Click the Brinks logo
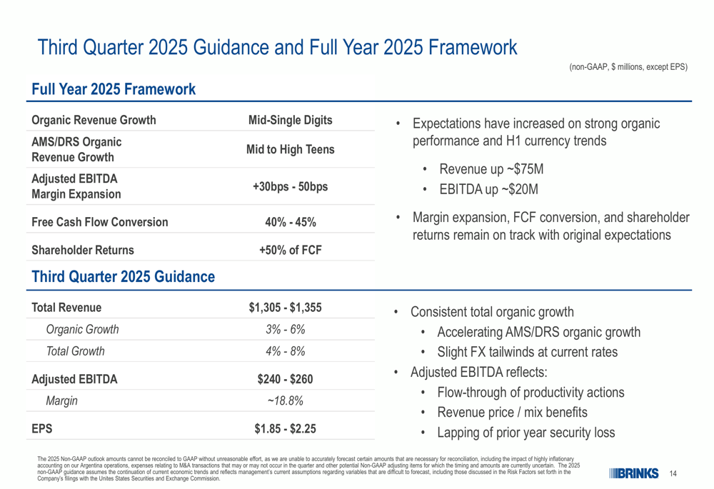[x=634, y=473]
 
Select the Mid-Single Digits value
[x=290, y=120]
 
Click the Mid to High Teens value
[x=290, y=149]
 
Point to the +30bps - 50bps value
[x=290, y=186]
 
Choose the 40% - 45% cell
[x=290, y=222]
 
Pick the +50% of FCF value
[x=290, y=250]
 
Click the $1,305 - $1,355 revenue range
[x=286, y=308]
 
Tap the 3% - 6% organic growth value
[x=286, y=329]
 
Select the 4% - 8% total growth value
[x=286, y=351]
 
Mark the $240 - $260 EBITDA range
[x=286, y=379]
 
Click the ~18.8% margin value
[x=286, y=400]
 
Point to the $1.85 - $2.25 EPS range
[x=286, y=429]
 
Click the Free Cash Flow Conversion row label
[x=100, y=222]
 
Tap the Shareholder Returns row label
[x=83, y=250]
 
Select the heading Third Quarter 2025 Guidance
[x=123, y=276]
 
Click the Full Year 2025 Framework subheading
[x=114, y=89]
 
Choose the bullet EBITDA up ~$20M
[x=488, y=189]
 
